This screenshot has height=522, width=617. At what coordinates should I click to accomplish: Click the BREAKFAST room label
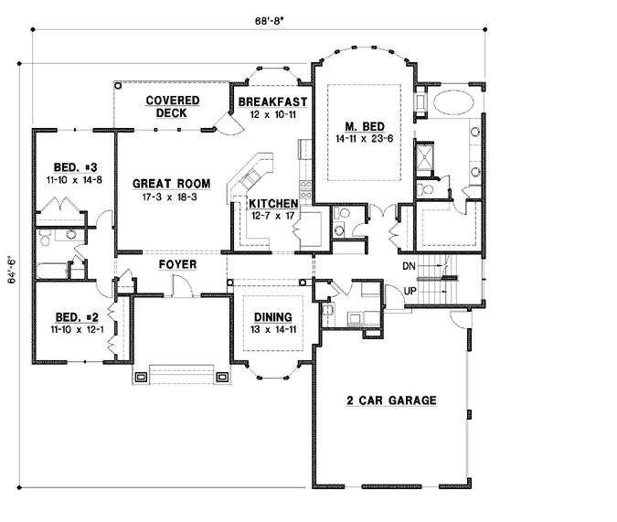pyautogui.click(x=271, y=101)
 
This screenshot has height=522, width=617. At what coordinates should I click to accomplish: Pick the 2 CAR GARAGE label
pyautogui.click(x=390, y=400)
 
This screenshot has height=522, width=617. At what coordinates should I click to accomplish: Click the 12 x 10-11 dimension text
pyautogui.click(x=271, y=114)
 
